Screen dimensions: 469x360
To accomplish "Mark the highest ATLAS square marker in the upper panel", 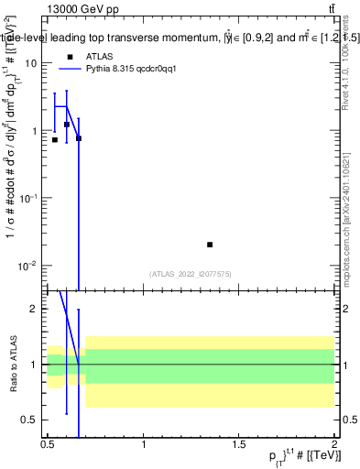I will coord(67,125).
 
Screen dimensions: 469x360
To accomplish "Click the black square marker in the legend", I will coord(70,57).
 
